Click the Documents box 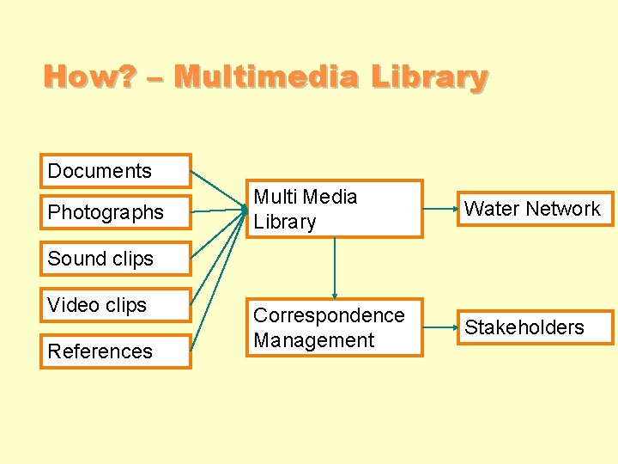[115, 171]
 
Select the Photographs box [115, 212]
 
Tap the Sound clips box [115, 259]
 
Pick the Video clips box [115, 305]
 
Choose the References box [115, 351]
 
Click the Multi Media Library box [334, 209]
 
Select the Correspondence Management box [334, 327]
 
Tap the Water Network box [533, 209]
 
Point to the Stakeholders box [533, 327]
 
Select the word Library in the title [429, 77]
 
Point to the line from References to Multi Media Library [216, 284]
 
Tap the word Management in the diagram [314, 340]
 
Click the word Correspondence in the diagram [329, 315]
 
